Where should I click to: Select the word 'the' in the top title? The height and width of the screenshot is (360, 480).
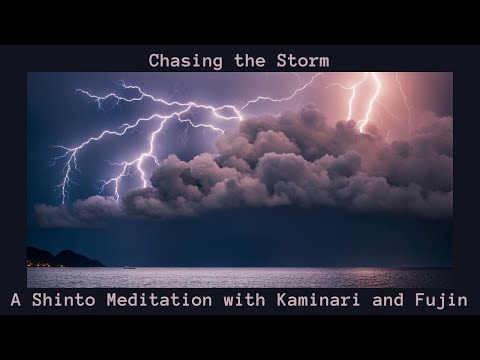(243, 61)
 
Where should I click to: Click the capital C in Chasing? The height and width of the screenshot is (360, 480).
(154, 61)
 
